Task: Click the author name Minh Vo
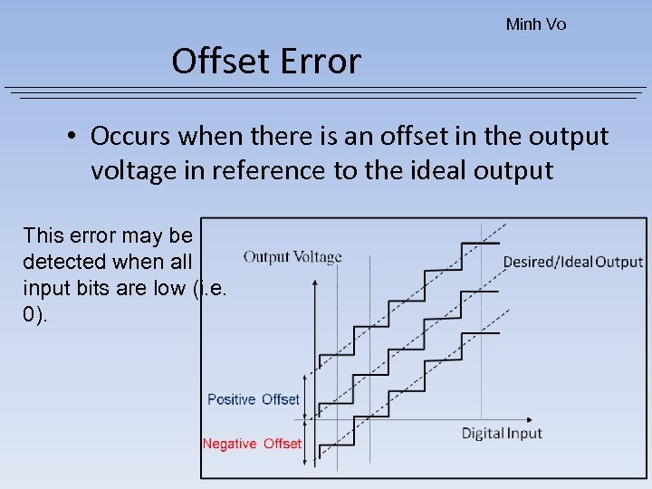pyautogui.click(x=535, y=24)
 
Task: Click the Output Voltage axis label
pyautogui.click(x=292, y=257)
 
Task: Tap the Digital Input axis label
pyautogui.click(x=502, y=433)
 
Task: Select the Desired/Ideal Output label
pyautogui.click(x=572, y=263)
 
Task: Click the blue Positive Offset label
pyautogui.click(x=253, y=399)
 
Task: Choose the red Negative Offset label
pyautogui.click(x=252, y=444)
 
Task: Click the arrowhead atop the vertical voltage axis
pyautogui.click(x=314, y=283)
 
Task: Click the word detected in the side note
pyautogui.click(x=62, y=263)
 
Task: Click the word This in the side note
pyautogui.click(x=42, y=236)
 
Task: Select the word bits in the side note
pyautogui.click(x=84, y=289)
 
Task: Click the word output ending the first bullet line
pyautogui.click(x=569, y=137)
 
